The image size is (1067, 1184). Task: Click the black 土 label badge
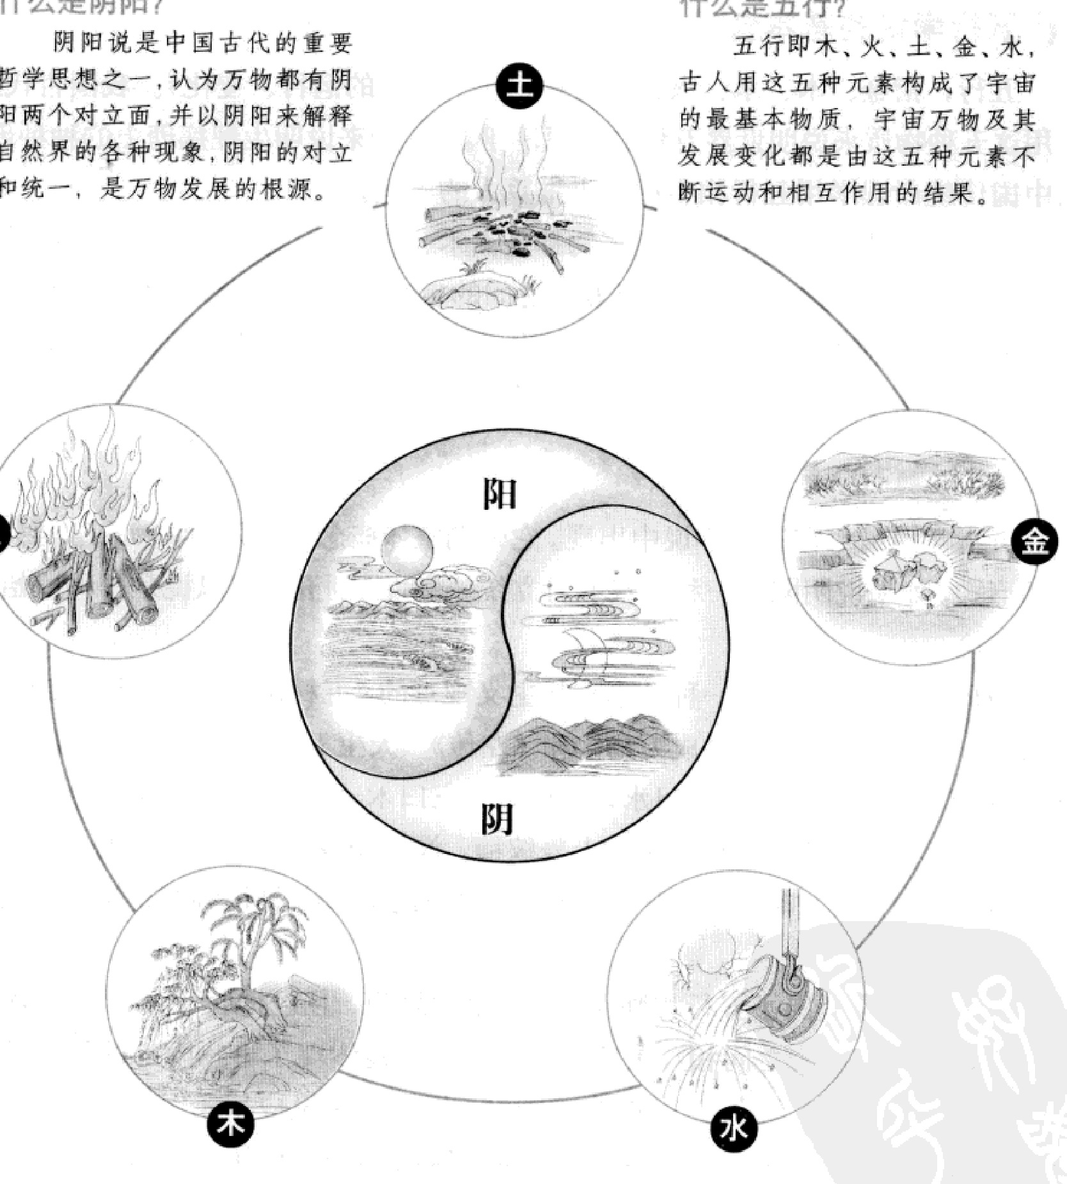click(x=519, y=85)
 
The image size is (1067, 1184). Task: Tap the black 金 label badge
click(x=1034, y=542)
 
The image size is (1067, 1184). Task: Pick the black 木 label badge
click(x=230, y=1124)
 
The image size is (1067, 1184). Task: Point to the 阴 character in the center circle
click(x=497, y=818)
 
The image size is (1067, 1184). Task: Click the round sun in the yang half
click(x=407, y=551)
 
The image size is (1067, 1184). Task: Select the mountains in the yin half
click(x=589, y=736)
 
